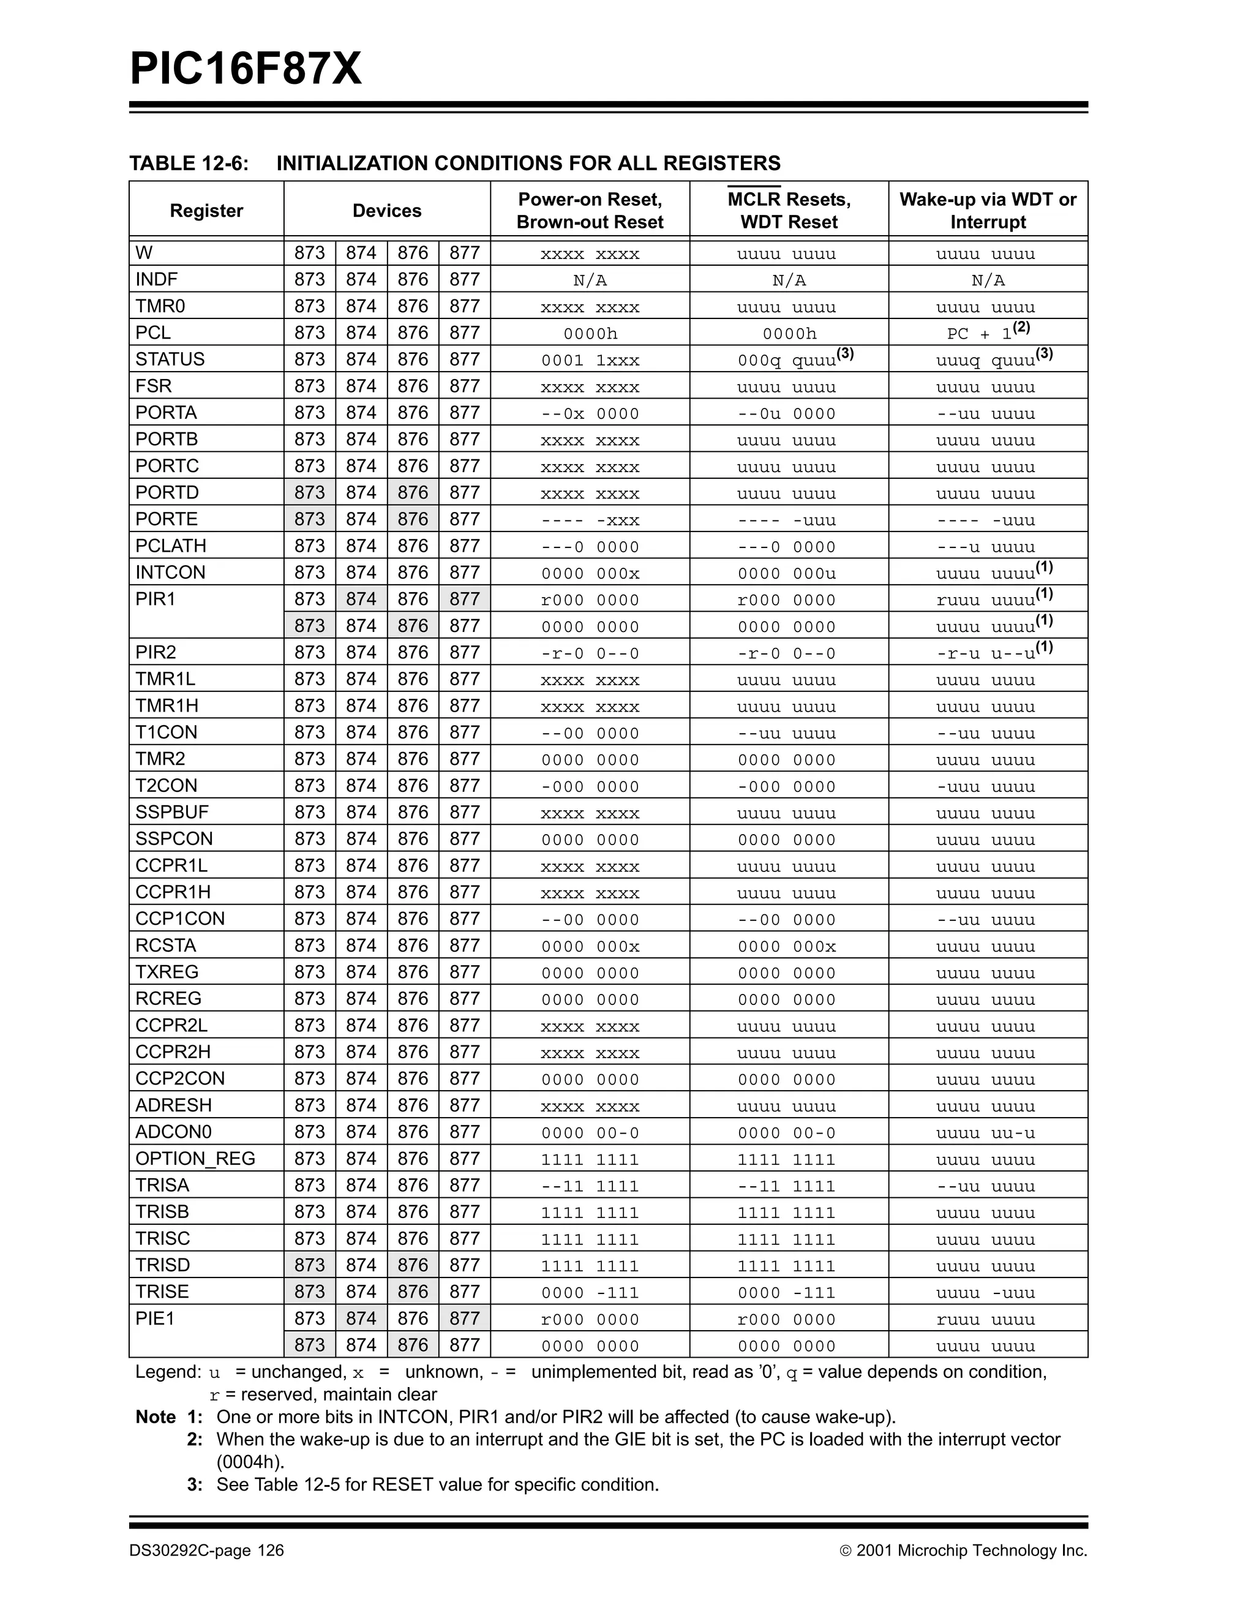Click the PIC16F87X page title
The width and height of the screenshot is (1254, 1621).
coord(246,69)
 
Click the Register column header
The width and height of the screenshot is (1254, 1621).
coord(206,211)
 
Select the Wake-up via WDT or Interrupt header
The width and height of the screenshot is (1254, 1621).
coord(988,211)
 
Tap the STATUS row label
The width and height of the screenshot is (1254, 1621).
coord(170,359)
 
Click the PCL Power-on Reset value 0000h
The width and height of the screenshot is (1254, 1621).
coord(590,334)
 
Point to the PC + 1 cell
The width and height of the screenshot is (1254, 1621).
coord(988,333)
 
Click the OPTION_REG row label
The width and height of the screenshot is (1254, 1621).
coord(195,1159)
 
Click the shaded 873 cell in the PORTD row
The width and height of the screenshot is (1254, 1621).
coord(309,493)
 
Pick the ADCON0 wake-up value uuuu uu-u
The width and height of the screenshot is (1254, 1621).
coord(985,1134)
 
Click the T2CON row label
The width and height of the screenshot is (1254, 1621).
coord(166,785)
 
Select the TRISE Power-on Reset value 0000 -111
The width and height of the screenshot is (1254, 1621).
coord(590,1293)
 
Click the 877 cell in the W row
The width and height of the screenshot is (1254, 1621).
coord(465,253)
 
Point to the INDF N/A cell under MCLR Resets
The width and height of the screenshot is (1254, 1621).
coord(789,280)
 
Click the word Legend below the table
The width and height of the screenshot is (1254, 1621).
coord(168,1372)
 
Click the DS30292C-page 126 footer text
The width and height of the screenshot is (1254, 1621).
coord(206,1551)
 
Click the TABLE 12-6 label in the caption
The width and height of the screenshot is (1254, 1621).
coord(189,164)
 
